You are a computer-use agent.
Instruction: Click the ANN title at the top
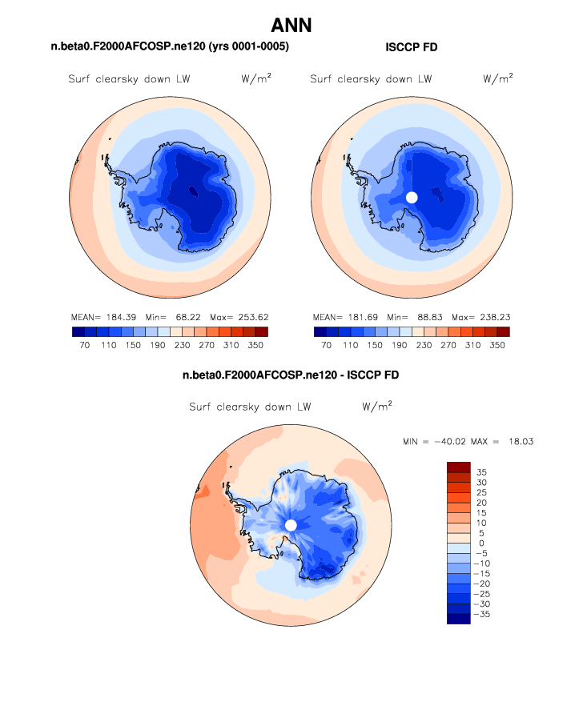tap(291, 25)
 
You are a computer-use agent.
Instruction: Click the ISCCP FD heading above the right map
tap(411, 47)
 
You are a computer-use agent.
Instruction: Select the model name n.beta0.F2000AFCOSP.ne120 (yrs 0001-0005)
tap(170, 47)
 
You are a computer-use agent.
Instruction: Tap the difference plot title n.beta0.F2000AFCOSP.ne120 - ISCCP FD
tap(291, 375)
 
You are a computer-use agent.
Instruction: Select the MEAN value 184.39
tap(121, 317)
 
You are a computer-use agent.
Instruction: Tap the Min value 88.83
tap(431, 317)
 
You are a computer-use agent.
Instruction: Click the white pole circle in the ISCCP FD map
tap(412, 197)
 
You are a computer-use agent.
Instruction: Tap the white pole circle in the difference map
tap(291, 525)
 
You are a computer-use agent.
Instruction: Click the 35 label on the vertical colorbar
tap(482, 472)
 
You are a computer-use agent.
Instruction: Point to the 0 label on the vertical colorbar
tap(482, 544)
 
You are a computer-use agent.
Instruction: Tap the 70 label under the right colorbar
tap(327, 345)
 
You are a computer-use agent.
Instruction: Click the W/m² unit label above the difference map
tap(376, 407)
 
